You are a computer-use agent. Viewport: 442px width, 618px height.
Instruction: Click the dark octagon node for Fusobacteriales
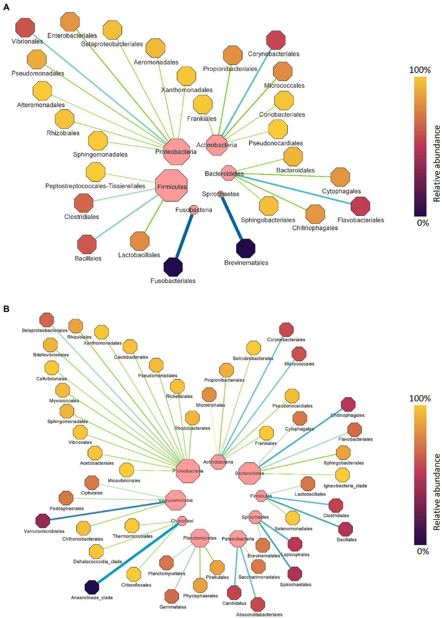click(x=173, y=267)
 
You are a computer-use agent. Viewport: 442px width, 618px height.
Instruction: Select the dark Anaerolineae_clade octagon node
click(x=92, y=587)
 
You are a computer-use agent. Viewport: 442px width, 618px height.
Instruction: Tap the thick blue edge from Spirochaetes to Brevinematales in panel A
click(x=232, y=218)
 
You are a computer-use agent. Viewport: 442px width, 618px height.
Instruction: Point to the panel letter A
click(x=6, y=7)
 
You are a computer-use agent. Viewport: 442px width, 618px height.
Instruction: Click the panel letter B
click(x=6, y=309)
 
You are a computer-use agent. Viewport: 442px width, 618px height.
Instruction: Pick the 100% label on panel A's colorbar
click(x=420, y=70)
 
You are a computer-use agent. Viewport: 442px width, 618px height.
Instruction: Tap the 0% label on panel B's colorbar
click(x=423, y=551)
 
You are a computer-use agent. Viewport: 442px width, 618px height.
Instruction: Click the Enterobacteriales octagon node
click(x=70, y=22)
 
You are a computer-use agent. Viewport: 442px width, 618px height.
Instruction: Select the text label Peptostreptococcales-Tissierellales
click(x=95, y=186)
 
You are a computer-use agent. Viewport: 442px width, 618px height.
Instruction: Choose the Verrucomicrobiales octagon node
click(x=43, y=521)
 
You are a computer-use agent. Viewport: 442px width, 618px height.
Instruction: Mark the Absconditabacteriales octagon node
click(x=257, y=604)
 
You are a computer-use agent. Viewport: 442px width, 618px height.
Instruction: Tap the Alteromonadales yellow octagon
click(x=42, y=91)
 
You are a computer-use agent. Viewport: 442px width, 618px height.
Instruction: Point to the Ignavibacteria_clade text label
click(x=345, y=486)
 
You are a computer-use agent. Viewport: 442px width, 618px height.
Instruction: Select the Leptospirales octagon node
click(x=295, y=544)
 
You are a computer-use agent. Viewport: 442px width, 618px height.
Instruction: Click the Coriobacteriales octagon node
click(x=284, y=101)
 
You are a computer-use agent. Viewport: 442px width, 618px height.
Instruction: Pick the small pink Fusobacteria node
click(x=194, y=210)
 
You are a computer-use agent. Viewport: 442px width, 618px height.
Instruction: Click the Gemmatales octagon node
click(x=172, y=596)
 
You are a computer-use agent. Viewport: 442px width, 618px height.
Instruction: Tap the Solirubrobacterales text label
click(x=253, y=358)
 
